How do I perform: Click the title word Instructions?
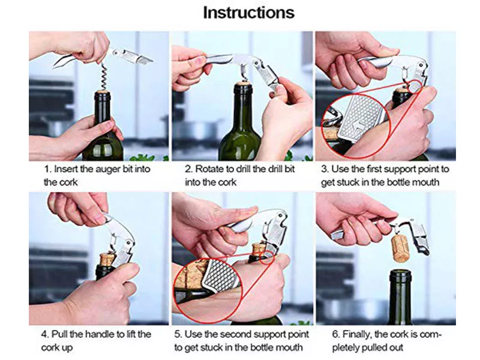(x=249, y=13)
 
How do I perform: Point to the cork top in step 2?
(x=244, y=83)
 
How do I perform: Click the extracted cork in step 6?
(x=400, y=248)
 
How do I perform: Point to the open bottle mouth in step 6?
(x=400, y=272)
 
